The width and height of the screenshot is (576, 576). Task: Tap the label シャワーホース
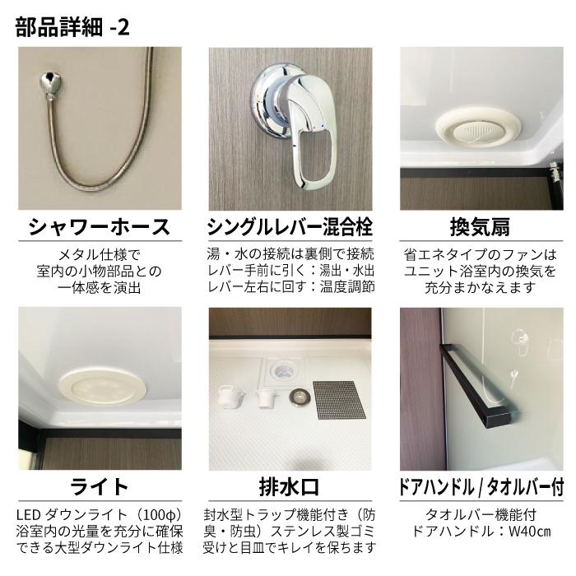click(99, 227)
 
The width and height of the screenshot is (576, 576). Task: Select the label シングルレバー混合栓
click(291, 227)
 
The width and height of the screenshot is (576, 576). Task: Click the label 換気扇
click(481, 227)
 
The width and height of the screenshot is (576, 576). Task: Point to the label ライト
click(99, 485)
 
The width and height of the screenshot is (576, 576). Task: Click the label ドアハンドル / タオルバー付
click(481, 486)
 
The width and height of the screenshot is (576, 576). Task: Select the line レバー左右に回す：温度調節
click(290, 287)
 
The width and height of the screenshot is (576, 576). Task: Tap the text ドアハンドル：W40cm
click(481, 531)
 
